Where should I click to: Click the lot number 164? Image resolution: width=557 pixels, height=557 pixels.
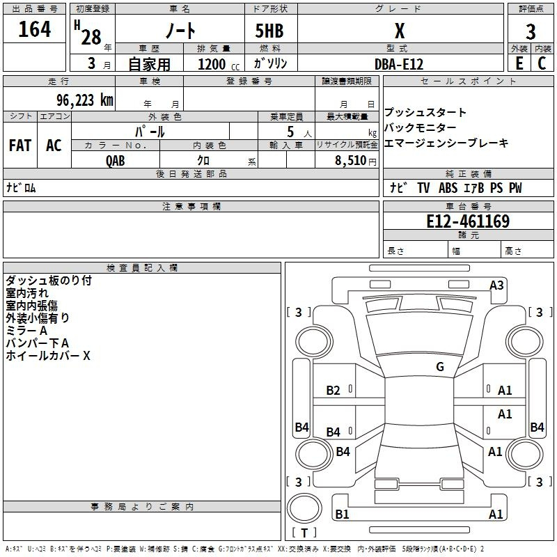click(35, 30)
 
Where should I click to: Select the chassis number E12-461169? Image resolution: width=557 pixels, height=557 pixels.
click(468, 222)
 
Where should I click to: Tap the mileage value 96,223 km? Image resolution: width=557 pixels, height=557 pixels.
click(79, 100)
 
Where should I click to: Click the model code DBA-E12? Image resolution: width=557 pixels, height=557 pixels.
click(398, 64)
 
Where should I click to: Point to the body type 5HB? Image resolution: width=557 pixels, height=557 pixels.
click(269, 31)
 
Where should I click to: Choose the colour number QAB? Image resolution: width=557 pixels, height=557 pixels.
click(116, 160)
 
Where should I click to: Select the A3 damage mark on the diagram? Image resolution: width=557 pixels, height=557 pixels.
click(496, 285)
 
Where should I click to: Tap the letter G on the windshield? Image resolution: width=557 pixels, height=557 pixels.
click(440, 367)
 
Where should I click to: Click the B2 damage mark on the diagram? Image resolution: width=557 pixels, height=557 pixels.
click(334, 391)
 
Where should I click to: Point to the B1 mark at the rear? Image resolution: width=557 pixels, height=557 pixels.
click(342, 515)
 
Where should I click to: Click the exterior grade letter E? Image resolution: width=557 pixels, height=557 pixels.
click(519, 63)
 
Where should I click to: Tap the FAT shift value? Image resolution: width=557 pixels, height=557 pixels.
click(20, 146)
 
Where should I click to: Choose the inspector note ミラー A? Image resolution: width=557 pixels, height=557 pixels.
click(26, 331)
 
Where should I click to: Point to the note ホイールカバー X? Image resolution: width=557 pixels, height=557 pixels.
click(48, 356)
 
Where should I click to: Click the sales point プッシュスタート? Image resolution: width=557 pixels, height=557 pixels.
click(425, 113)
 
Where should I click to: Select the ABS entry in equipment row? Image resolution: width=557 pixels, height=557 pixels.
click(448, 188)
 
